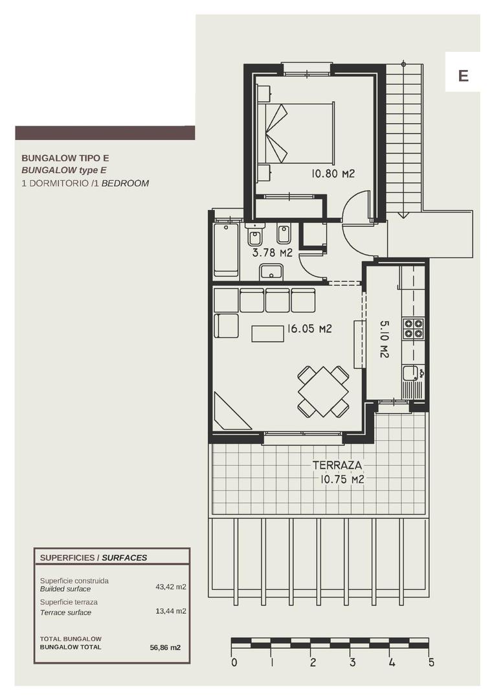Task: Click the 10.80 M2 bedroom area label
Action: tap(333, 174)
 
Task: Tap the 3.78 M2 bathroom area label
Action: tap(272, 253)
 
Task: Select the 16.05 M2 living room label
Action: tap(309, 329)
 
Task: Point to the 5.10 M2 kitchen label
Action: tap(383, 339)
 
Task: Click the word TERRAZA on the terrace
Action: tap(337, 465)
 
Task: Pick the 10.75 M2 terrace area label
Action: tap(342, 480)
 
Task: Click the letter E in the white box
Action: tap(463, 76)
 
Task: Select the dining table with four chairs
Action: tap(323, 391)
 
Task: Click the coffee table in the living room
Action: tap(268, 333)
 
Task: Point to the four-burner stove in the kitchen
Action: tap(413, 329)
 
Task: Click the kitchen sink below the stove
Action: tap(410, 373)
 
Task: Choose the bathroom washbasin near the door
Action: tap(271, 272)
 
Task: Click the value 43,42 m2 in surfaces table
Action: tap(171, 587)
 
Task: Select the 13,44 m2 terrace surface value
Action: tap(171, 611)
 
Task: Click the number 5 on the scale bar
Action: tap(431, 662)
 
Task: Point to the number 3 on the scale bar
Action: tap(352, 662)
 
